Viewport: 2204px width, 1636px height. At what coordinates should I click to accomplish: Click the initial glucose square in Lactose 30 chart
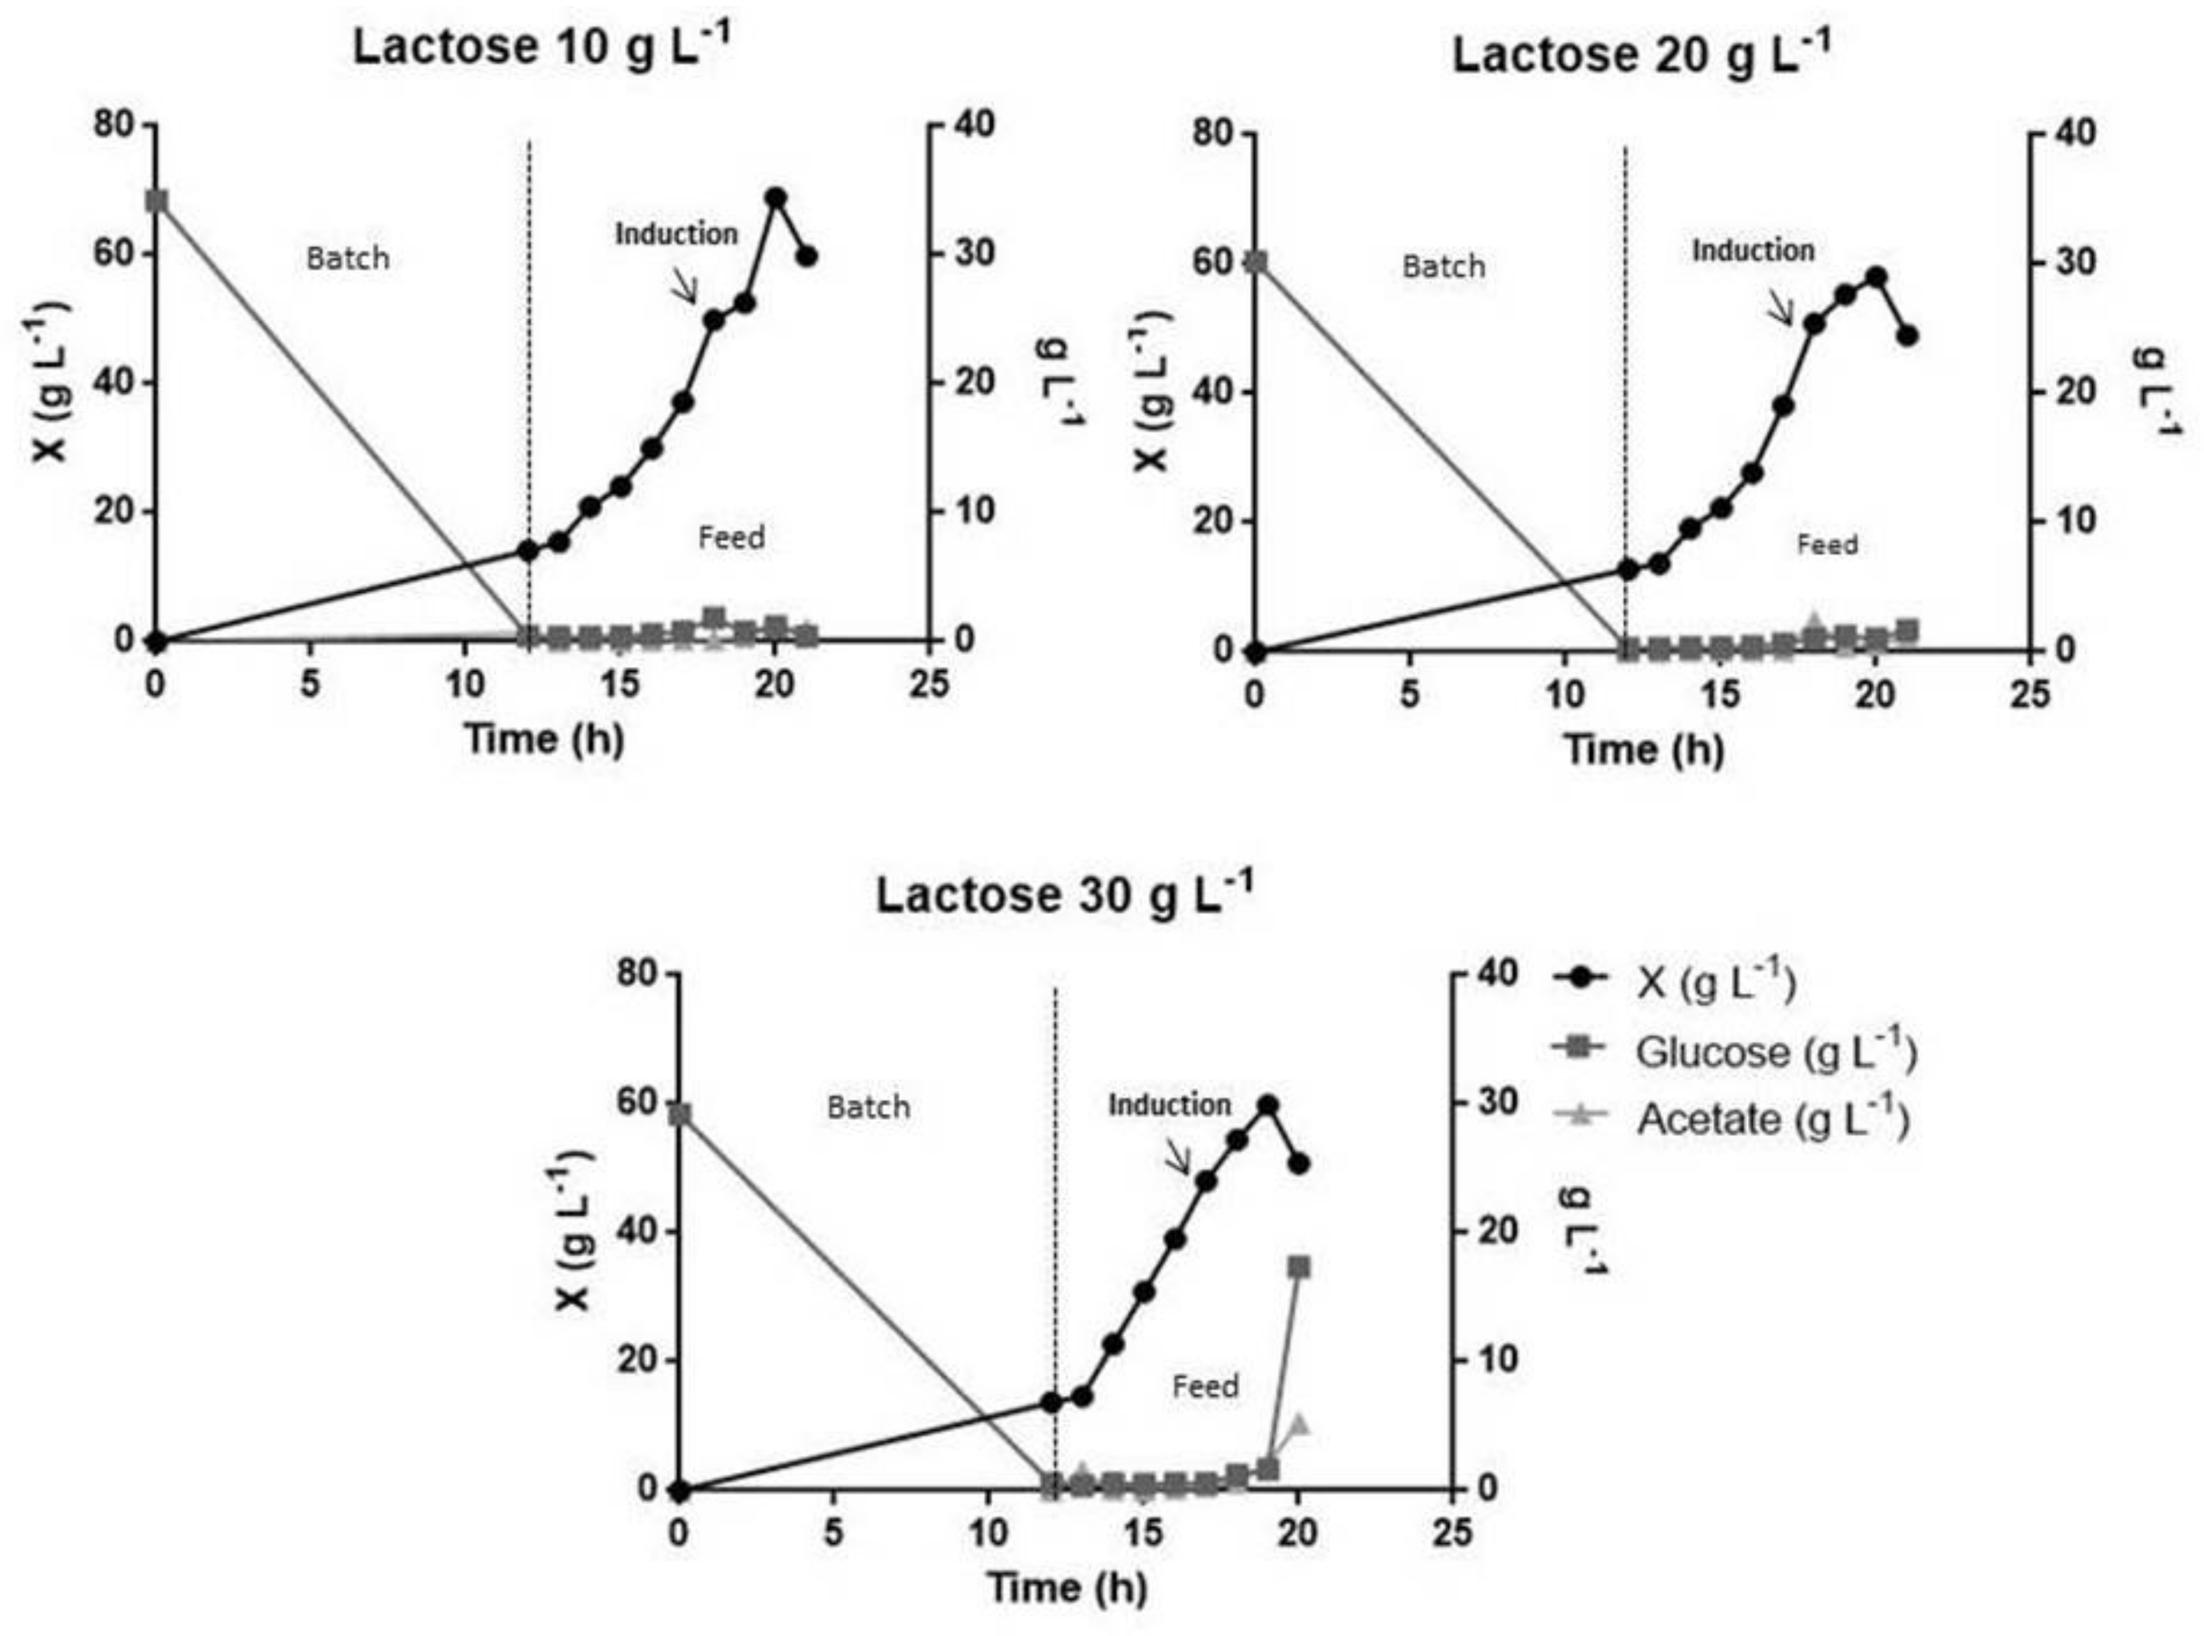(x=680, y=1115)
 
